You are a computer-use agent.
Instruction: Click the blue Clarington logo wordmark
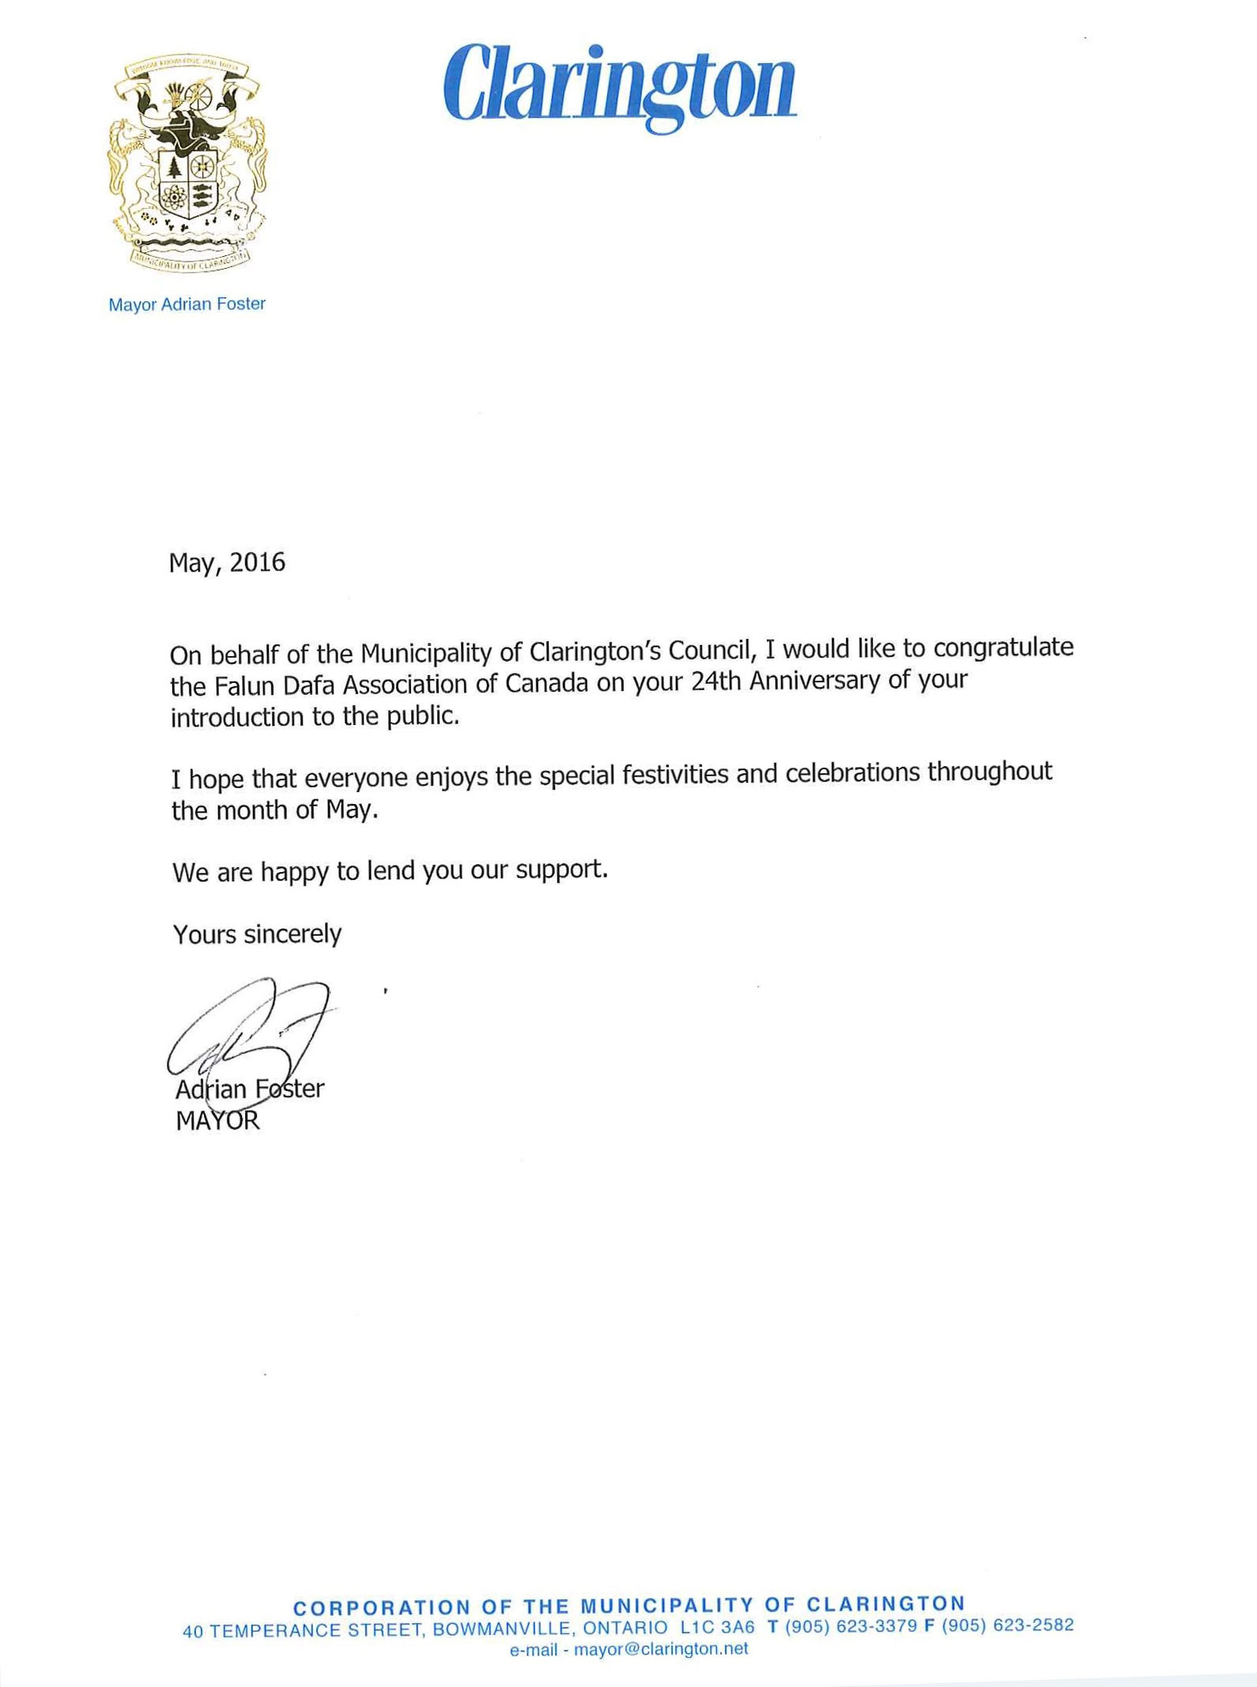(620, 85)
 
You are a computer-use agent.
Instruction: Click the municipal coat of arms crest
(187, 164)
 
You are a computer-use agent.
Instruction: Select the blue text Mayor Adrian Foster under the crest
(187, 304)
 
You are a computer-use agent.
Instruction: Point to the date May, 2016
(227, 562)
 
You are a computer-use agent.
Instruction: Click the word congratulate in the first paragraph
(1003, 647)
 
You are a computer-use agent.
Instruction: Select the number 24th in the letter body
(715, 681)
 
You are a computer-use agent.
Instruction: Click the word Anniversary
(814, 680)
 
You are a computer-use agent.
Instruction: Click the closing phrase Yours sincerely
(257, 934)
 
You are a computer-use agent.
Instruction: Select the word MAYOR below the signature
(217, 1121)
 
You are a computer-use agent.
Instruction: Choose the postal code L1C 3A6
(717, 1628)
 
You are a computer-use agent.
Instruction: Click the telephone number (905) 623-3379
(851, 1626)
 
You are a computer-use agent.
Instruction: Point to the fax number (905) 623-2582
(1007, 1625)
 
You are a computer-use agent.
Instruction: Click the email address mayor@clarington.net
(660, 1649)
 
